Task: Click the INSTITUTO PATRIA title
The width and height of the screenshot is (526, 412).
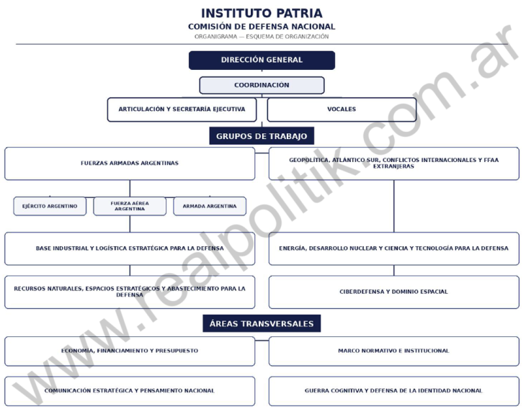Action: pyautogui.click(x=262, y=14)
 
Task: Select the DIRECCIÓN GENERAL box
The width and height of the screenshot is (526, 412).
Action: pyautogui.click(x=262, y=61)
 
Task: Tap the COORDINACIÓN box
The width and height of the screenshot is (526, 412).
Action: pyautogui.click(x=262, y=85)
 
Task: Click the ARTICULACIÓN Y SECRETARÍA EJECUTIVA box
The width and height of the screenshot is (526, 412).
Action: pyautogui.click(x=182, y=109)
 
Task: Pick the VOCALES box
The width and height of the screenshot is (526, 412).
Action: pyautogui.click(x=342, y=109)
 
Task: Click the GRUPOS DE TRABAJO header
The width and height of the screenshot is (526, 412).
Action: pyautogui.click(x=262, y=136)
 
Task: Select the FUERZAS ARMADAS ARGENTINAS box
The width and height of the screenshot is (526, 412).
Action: pyautogui.click(x=130, y=164)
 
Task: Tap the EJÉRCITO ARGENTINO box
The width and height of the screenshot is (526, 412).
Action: pyautogui.click(x=50, y=206)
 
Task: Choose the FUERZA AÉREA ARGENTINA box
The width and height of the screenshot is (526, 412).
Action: pyautogui.click(x=130, y=206)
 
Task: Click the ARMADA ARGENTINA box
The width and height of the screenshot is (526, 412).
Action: pyautogui.click(x=210, y=206)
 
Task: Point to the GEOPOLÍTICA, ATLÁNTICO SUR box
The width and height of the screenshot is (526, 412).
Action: pyautogui.click(x=394, y=164)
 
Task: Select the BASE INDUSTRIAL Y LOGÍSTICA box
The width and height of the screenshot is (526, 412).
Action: pyautogui.click(x=130, y=248)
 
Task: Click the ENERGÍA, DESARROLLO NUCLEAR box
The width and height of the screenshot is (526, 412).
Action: pyautogui.click(x=394, y=248)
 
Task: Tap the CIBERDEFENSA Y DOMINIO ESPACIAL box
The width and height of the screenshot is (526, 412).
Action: pyautogui.click(x=394, y=292)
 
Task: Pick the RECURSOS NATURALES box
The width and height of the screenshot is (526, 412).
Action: pyautogui.click(x=130, y=292)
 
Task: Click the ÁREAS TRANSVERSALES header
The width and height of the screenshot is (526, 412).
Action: pyautogui.click(x=262, y=323)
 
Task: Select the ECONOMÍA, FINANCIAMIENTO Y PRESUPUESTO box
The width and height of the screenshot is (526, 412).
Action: pyautogui.click(x=130, y=351)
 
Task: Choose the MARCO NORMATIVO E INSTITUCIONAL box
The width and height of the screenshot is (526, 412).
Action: pyautogui.click(x=394, y=351)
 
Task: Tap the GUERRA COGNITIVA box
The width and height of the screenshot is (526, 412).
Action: pyautogui.click(x=394, y=391)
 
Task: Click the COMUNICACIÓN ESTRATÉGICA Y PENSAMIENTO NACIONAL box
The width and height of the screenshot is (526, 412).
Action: pyautogui.click(x=130, y=391)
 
